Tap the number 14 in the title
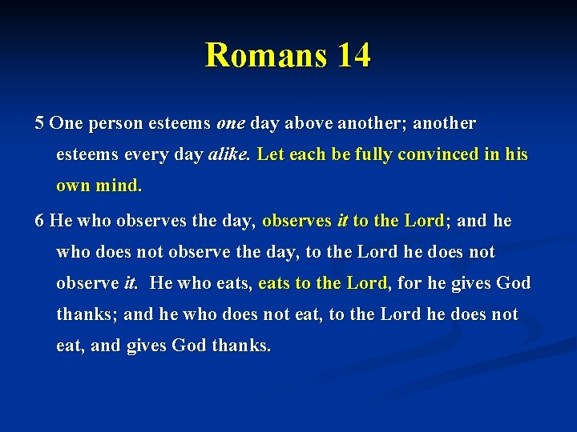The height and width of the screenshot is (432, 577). coord(353,56)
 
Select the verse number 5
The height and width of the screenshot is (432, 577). coord(39,124)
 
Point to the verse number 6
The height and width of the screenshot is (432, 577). coord(39,221)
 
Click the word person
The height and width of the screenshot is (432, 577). coord(111,124)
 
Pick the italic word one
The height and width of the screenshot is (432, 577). coord(231,124)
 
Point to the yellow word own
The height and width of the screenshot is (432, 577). coord(73,186)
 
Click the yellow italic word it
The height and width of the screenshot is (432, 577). coord(341,221)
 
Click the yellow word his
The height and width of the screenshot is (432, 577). coord(517,154)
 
